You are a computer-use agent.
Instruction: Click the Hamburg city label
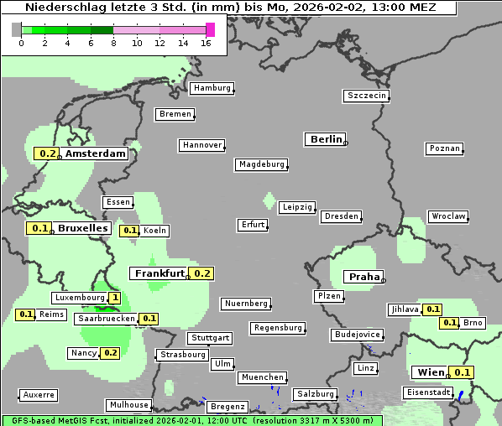click(212, 88)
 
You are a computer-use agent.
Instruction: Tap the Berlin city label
click(326, 139)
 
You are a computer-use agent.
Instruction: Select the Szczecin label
click(367, 96)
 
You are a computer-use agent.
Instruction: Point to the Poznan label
click(444, 148)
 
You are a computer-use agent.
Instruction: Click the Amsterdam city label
click(95, 153)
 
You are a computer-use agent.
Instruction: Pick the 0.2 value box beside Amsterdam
click(46, 153)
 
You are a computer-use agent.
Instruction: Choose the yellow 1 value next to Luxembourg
click(114, 298)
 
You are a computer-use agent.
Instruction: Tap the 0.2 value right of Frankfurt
click(202, 273)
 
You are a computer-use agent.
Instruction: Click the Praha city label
click(364, 277)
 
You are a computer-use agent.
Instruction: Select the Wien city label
click(429, 372)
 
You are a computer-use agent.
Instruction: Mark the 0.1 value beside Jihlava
click(432, 309)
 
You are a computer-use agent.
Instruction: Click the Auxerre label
click(39, 394)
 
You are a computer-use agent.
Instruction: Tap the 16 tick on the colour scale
click(207, 43)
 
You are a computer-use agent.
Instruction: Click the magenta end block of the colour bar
click(210, 29)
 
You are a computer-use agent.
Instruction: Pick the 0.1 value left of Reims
click(26, 314)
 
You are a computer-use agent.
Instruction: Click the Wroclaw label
click(448, 216)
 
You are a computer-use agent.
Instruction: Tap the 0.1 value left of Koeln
click(130, 231)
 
